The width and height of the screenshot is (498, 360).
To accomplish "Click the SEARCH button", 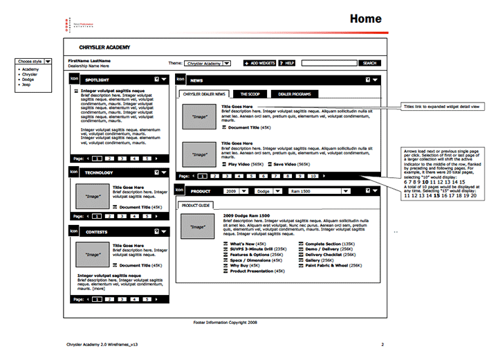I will tap(370, 63).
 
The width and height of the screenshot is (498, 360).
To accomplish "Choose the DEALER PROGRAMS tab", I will tap(295, 93).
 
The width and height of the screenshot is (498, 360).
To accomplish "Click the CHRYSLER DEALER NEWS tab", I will tap(203, 93).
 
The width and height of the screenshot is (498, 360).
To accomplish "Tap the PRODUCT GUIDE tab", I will tap(196, 206).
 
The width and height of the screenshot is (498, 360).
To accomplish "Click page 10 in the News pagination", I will tap(313, 176).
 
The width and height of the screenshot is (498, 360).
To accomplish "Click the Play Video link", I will tap(240, 163).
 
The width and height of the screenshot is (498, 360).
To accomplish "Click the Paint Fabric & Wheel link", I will tap(328, 265).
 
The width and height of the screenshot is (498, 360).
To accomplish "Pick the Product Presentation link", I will tap(251, 271).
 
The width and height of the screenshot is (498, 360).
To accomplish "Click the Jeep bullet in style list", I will tap(28, 84).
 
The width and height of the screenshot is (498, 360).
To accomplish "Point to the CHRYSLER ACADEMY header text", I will tap(95, 47).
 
